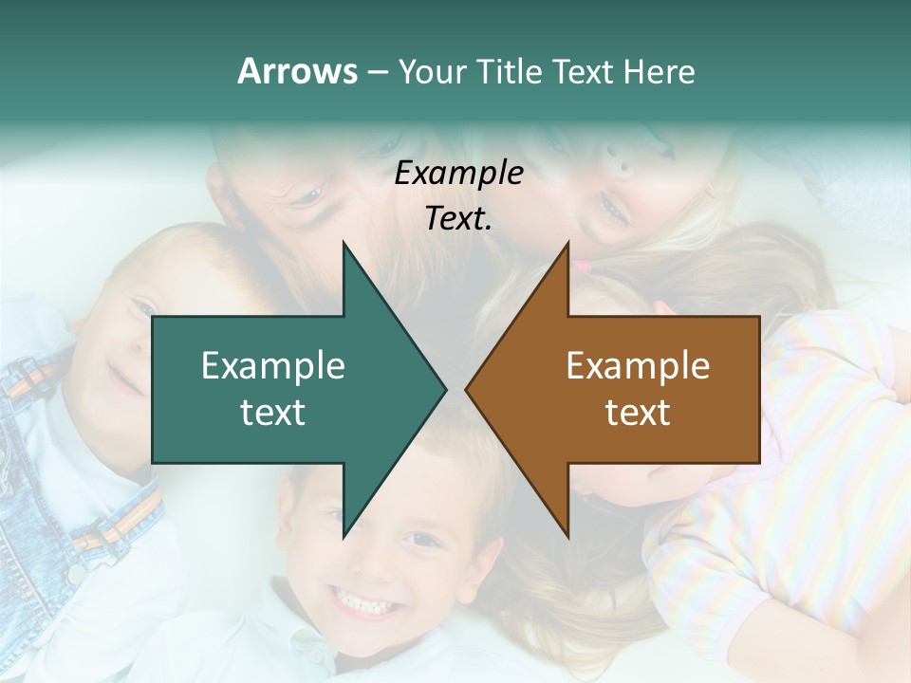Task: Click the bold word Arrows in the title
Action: (297, 71)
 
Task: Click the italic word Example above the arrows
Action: (458, 174)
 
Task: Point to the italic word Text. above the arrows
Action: (458, 218)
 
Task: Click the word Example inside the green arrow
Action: (273, 366)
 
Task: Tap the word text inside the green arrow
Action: (273, 413)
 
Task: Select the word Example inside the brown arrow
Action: (638, 366)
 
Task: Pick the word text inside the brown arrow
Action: (638, 413)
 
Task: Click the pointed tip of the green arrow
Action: (444, 389)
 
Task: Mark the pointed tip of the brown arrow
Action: (468, 389)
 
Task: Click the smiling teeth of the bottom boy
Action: (365, 600)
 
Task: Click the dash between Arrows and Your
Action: (377, 72)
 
